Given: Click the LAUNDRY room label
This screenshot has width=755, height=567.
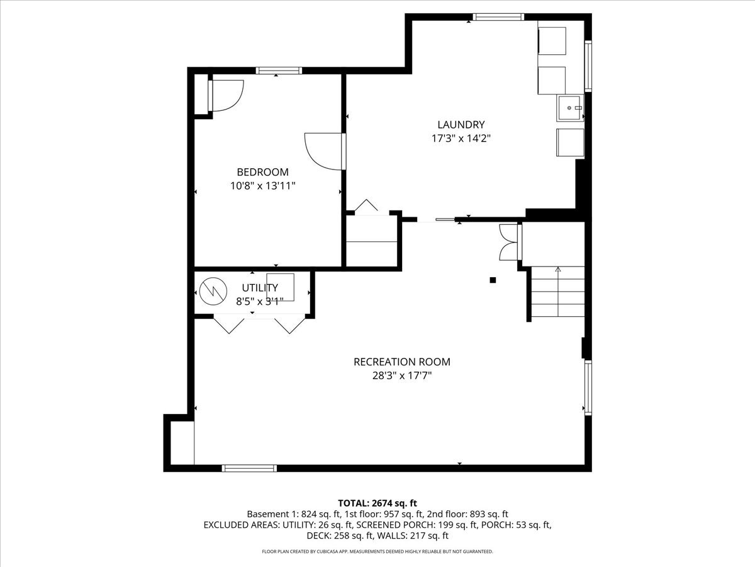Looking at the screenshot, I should coord(461,125).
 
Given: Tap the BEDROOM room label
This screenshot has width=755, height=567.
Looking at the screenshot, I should coord(262,172).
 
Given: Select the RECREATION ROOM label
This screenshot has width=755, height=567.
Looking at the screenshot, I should coord(401,362).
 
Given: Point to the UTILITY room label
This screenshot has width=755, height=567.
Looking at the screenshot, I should coord(260,288).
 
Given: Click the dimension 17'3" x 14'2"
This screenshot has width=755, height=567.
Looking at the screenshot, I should coord(461,139).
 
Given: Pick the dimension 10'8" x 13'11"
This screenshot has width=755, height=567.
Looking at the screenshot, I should coord(262,186).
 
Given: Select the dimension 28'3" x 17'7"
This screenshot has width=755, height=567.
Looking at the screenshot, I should coord(401,375).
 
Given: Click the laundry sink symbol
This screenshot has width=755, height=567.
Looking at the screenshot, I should coord(570,108).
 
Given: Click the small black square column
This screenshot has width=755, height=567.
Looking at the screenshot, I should coord(493,280).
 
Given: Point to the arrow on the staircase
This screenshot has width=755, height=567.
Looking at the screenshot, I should coord(557,270).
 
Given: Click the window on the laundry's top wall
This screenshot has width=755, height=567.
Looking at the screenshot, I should coord(498,17).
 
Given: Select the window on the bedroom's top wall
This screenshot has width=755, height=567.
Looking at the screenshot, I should coord(277,71).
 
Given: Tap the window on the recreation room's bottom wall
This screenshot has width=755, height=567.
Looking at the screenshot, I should coord(249,468).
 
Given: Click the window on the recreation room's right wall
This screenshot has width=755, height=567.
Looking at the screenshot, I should coord(588,387).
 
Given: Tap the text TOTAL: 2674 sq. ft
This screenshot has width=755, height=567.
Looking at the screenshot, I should coord(377,503).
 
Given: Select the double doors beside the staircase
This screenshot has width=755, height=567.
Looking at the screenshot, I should coord(508,243).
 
